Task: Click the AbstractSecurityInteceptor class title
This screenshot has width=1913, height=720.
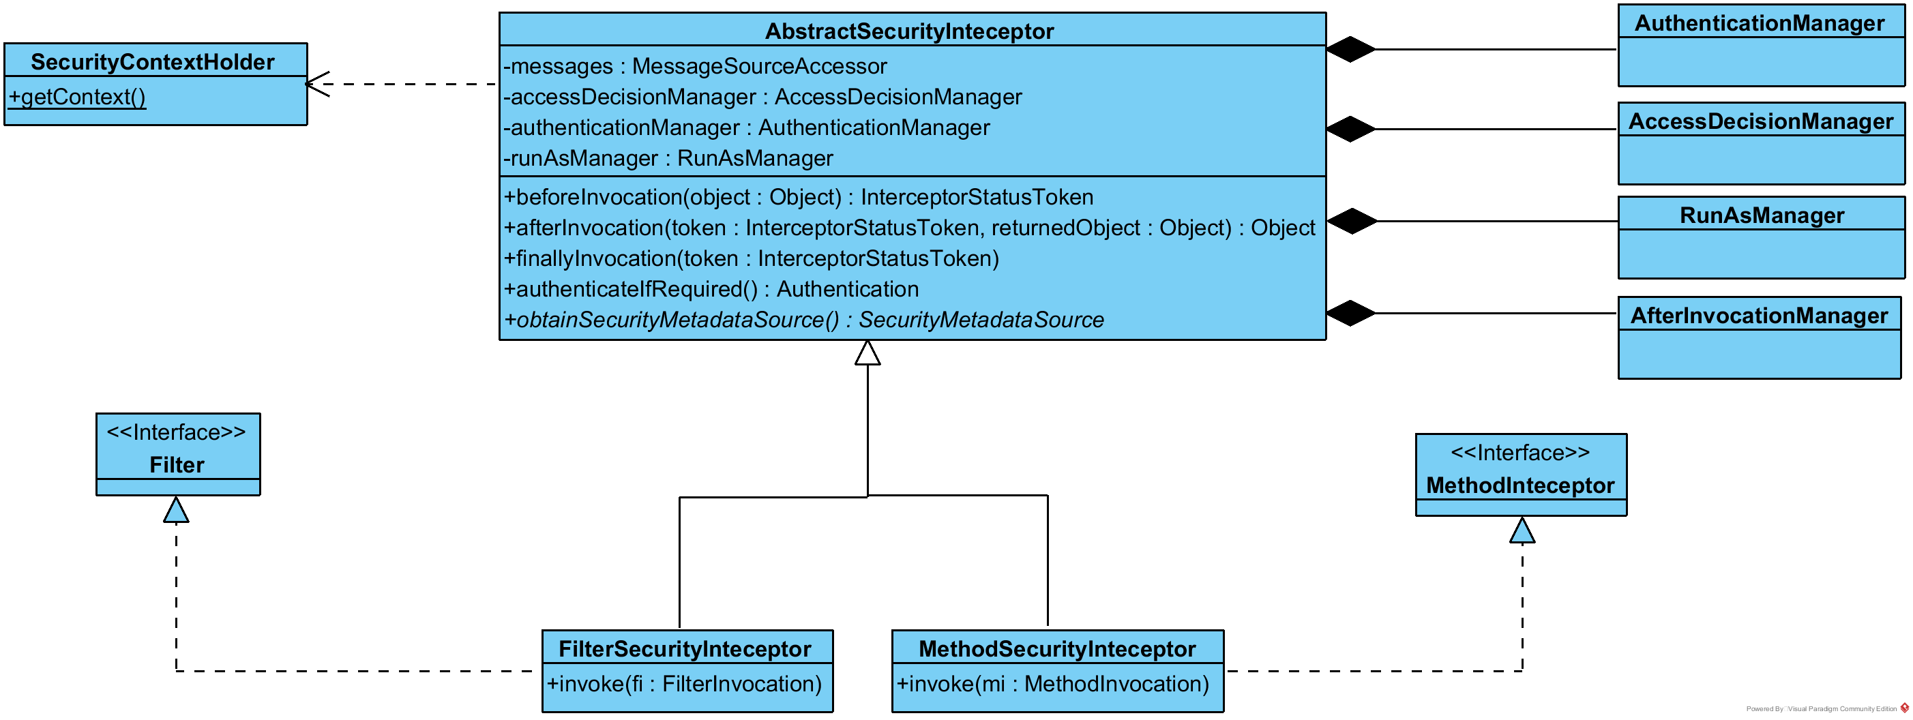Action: [909, 31]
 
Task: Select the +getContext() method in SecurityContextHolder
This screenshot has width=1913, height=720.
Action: [77, 97]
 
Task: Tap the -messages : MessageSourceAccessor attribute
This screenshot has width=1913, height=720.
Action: [694, 66]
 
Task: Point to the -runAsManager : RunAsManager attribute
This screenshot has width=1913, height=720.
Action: [668, 158]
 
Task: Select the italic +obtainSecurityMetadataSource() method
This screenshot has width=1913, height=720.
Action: [803, 320]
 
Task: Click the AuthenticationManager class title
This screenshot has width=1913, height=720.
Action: [1759, 23]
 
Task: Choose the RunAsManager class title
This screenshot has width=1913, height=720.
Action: [1761, 215]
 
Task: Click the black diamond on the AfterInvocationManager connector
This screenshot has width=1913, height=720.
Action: [1351, 313]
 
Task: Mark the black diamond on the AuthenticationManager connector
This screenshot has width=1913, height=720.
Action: [1351, 50]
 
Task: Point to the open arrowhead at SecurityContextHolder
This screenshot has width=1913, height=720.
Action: [316, 84]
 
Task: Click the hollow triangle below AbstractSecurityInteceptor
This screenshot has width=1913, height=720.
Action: [867, 353]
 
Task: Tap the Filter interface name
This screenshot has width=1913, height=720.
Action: [177, 466]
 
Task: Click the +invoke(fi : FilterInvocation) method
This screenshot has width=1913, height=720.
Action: [684, 685]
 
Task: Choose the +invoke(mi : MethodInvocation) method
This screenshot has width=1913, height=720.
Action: [1052, 685]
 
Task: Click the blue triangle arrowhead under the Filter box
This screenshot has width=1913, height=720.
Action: [176, 511]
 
